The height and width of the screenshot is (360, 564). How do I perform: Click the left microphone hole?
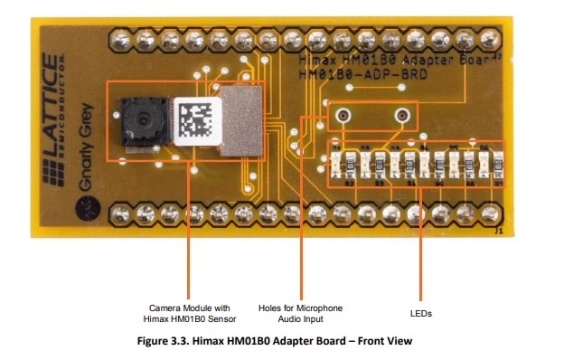pos(343,116)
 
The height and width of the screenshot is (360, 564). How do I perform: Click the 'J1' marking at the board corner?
pos(498,232)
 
